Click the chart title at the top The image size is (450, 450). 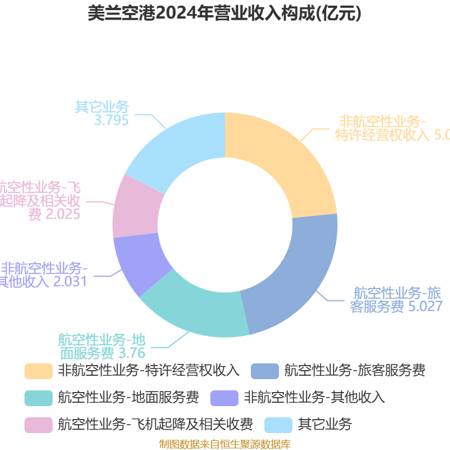(x=224, y=14)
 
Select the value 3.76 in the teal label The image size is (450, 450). (x=132, y=353)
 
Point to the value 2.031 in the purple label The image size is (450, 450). (x=70, y=281)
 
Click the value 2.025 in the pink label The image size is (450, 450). (x=62, y=214)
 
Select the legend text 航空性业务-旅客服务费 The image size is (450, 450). (x=354, y=370)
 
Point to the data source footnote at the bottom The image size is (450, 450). (x=224, y=444)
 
